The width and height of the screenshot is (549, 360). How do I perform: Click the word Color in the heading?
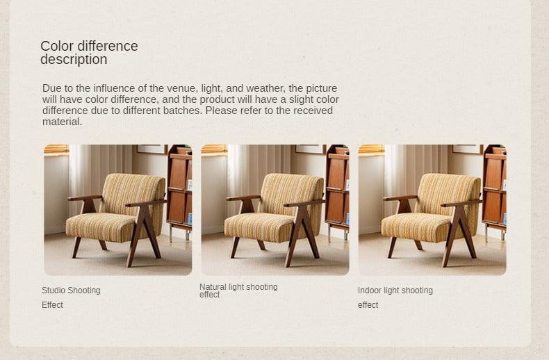click(57, 47)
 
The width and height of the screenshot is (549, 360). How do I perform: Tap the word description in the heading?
click(74, 60)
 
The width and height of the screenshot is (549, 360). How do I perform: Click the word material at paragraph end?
click(61, 122)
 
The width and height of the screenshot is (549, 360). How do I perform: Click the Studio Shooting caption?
click(71, 291)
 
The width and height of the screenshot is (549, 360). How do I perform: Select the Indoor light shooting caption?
click(395, 291)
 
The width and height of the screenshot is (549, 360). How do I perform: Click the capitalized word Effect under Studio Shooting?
click(52, 305)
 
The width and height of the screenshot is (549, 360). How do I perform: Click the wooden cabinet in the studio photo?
click(179, 189)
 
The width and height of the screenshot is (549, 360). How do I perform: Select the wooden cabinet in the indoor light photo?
click(494, 189)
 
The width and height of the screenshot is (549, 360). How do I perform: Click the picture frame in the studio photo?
click(152, 149)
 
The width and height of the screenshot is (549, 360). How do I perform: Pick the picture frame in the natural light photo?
click(311, 149)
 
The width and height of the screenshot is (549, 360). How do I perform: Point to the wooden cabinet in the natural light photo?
click(337, 189)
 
